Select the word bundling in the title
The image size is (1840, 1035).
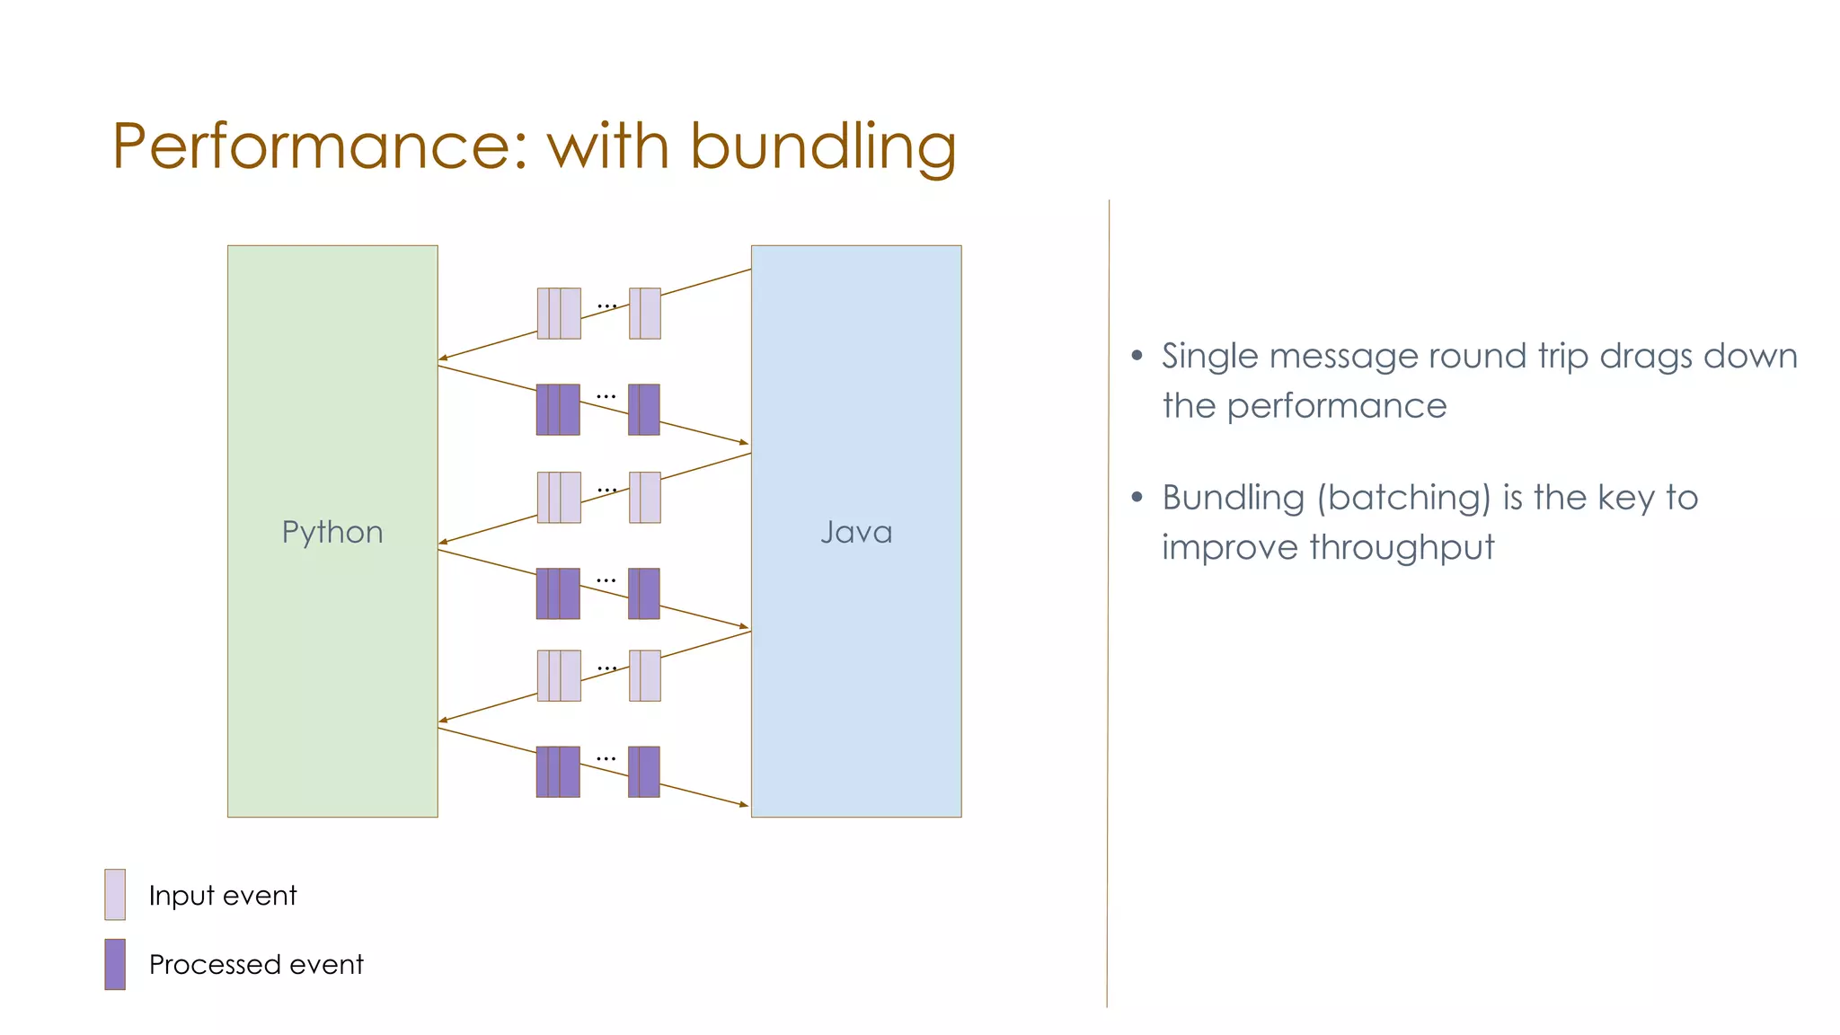tap(822, 146)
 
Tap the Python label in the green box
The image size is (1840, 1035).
tap(332, 532)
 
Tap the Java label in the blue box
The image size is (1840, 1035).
tap(856, 532)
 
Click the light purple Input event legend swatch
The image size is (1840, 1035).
tap(115, 894)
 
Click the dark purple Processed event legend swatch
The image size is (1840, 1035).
tap(115, 964)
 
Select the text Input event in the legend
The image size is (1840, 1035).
tap(222, 896)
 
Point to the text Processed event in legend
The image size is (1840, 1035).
tap(256, 965)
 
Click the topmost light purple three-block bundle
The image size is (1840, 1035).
tap(559, 314)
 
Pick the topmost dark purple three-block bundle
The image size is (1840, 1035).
tap(558, 410)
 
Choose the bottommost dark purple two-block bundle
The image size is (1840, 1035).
tap(644, 772)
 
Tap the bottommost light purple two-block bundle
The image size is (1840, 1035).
tap(645, 676)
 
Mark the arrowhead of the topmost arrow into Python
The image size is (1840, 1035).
tap(442, 359)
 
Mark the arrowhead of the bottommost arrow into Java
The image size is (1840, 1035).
tap(744, 805)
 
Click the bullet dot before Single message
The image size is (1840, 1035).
tap(1137, 356)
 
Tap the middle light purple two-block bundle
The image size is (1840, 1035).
tap(645, 498)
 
